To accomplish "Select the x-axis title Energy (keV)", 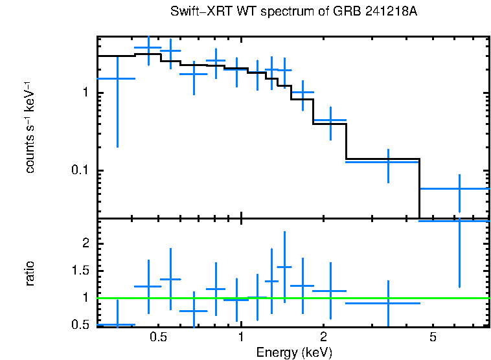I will (x=294, y=352).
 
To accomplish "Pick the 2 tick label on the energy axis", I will (x=323, y=337).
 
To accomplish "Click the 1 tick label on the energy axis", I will (x=241, y=337).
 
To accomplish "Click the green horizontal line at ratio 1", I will (x=291, y=298).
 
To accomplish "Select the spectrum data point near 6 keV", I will (x=459, y=188).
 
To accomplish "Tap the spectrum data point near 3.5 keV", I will (x=388, y=162).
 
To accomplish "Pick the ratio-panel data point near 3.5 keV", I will (x=388, y=303).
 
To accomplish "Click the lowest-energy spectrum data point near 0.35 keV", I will (x=117, y=78).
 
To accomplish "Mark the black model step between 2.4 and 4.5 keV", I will (x=383, y=159).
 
